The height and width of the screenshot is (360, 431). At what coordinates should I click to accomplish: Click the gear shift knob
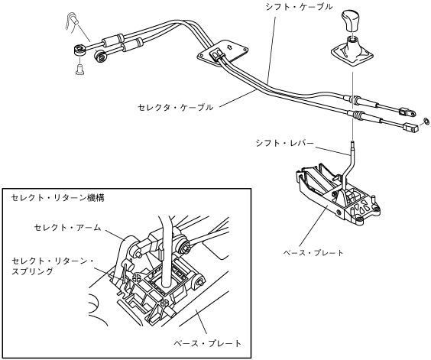click(351, 21)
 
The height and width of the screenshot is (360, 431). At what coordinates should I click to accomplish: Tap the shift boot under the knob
click(352, 52)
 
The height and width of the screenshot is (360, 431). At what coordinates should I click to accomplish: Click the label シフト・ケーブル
click(299, 7)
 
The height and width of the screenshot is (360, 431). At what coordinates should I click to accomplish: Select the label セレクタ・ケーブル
click(175, 107)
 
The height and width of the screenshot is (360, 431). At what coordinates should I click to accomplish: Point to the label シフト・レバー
click(285, 143)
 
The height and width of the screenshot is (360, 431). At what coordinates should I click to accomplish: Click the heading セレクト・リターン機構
click(58, 198)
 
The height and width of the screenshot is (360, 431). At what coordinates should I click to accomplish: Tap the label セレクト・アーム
click(67, 228)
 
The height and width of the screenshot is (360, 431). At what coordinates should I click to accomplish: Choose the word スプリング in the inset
click(32, 271)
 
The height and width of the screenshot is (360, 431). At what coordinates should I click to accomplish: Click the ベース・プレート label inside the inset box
click(208, 343)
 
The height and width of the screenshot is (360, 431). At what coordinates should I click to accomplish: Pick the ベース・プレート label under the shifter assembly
click(313, 252)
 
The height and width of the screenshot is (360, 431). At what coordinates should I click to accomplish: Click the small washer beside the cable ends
click(426, 121)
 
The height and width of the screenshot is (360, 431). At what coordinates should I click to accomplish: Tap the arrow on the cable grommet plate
click(228, 47)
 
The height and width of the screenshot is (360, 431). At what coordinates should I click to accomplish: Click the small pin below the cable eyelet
click(79, 69)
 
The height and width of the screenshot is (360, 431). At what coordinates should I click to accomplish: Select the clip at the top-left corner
click(73, 21)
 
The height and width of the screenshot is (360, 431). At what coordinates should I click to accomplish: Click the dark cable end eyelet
click(100, 57)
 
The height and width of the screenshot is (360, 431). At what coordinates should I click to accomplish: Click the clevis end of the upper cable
click(407, 112)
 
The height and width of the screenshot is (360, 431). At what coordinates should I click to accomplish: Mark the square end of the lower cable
click(410, 127)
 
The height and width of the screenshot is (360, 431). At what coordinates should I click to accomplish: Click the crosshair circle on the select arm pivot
click(138, 277)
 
